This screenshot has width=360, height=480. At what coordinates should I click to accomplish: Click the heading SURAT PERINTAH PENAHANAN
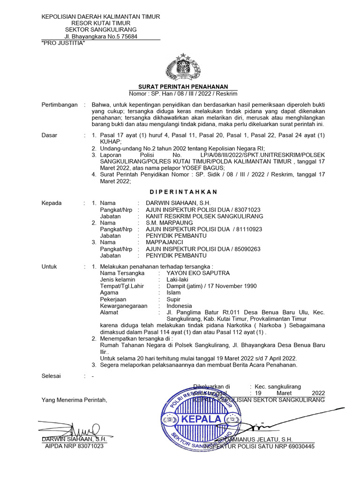[183, 87]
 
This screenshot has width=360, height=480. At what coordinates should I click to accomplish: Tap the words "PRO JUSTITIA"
[63, 43]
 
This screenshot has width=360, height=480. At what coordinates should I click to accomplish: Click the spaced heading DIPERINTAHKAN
[183, 192]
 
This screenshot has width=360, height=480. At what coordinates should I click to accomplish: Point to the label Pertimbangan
[60, 105]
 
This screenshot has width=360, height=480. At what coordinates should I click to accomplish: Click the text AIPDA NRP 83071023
[74, 446]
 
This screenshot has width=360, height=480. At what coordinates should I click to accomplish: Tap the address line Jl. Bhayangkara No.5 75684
[101, 37]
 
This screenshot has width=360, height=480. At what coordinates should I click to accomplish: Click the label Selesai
[52, 376]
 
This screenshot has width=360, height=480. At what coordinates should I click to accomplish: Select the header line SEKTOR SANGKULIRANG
[101, 30]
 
